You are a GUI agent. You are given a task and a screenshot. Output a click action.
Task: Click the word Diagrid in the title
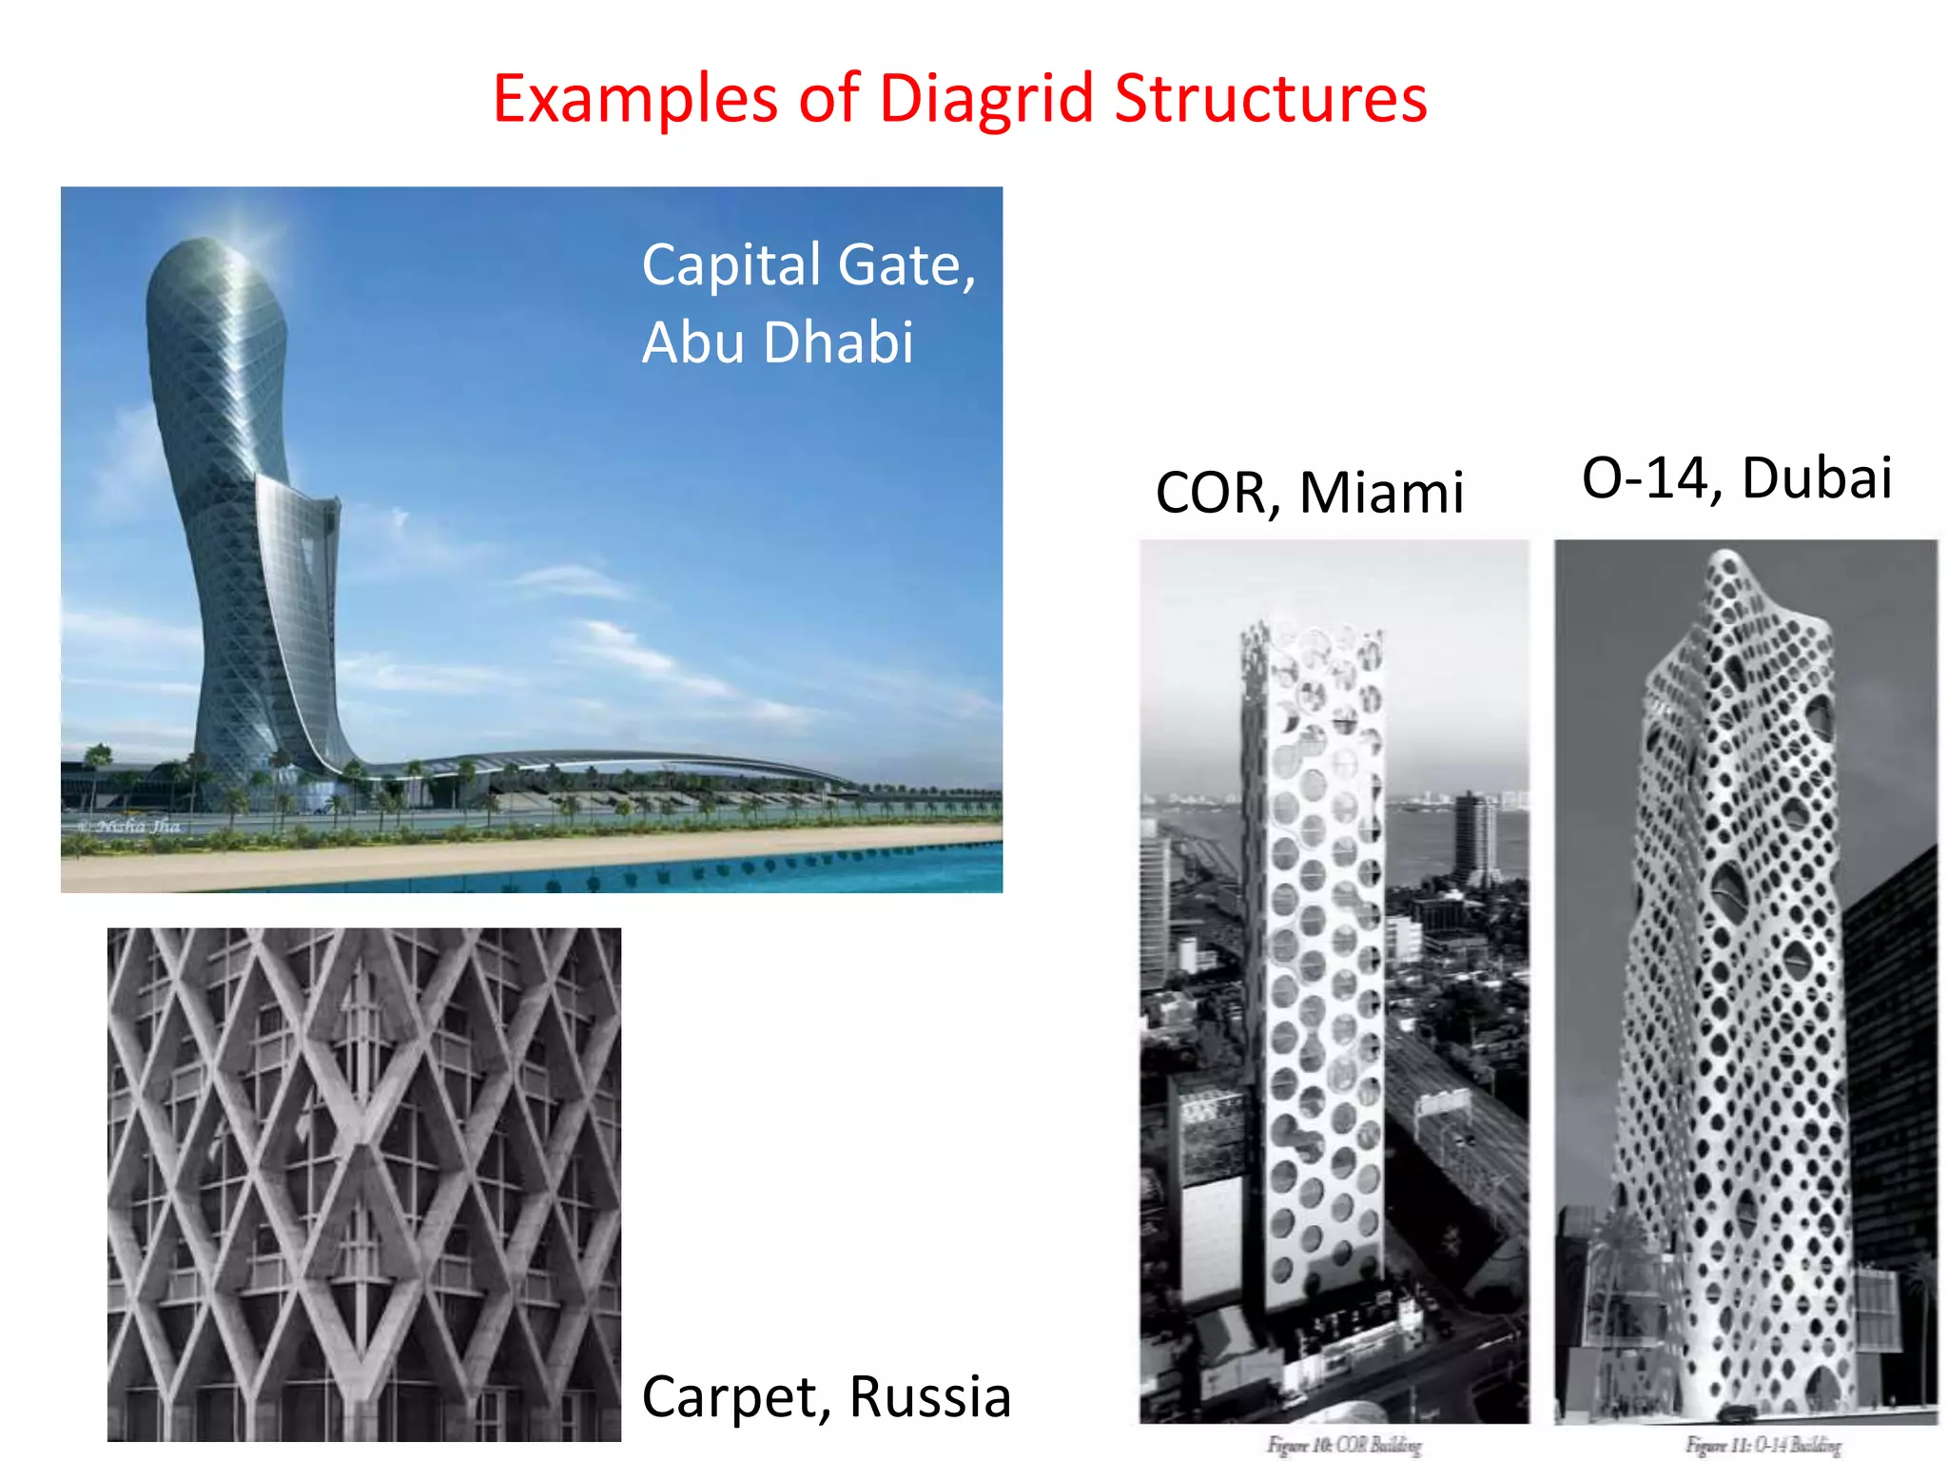pyautogui.click(x=985, y=99)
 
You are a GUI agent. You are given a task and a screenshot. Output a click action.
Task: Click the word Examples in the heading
pyautogui.click(x=635, y=99)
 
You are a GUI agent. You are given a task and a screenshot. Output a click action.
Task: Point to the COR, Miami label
pyautogui.click(x=1309, y=493)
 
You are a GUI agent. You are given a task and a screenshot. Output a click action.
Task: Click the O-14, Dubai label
pyautogui.click(x=1736, y=477)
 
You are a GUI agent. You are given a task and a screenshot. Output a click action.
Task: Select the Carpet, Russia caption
pyautogui.click(x=826, y=1396)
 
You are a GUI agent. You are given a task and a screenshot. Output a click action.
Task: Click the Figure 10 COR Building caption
pyautogui.click(x=1343, y=1445)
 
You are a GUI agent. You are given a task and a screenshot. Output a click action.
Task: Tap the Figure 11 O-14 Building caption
pyautogui.click(x=1763, y=1445)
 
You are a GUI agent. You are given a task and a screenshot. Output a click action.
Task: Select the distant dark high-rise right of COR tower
pyautogui.click(x=1474, y=837)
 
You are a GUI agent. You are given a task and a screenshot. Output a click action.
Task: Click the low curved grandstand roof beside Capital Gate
pyautogui.click(x=618, y=761)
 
